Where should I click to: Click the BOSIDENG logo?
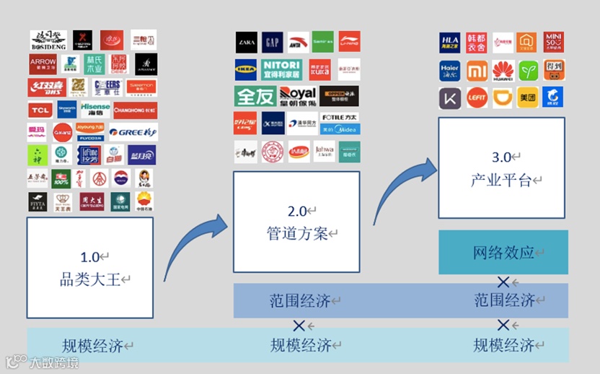(48, 40)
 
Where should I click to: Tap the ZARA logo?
(246, 42)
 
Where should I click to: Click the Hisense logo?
(95, 110)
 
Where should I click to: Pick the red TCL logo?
(40, 110)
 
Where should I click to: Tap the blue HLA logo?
(449, 43)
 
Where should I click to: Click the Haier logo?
(449, 70)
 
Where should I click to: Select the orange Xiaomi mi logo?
(477, 70)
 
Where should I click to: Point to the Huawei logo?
(503, 70)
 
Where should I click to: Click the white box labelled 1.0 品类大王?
(90, 267)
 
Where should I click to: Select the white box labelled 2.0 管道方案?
(296, 222)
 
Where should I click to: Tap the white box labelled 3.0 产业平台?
(503, 168)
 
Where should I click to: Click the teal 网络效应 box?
(503, 252)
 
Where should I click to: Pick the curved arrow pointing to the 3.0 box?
(400, 186)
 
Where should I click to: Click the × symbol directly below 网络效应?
(503, 280)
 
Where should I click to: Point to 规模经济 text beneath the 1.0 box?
(93, 345)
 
